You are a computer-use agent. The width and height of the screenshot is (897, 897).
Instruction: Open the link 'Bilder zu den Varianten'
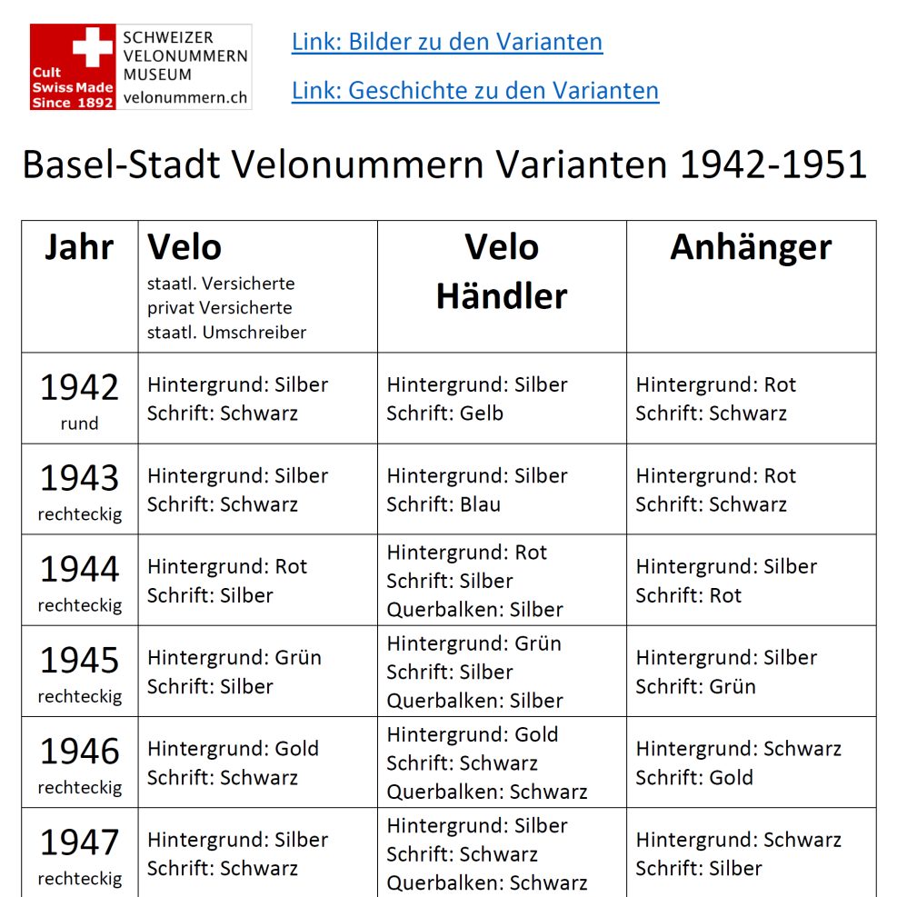(446, 42)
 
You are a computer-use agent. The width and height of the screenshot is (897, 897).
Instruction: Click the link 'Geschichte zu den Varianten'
(474, 90)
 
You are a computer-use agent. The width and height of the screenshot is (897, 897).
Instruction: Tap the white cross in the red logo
(93, 46)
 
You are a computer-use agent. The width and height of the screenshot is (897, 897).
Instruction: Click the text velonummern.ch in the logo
(185, 96)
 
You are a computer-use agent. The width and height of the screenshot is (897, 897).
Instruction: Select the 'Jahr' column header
(79, 247)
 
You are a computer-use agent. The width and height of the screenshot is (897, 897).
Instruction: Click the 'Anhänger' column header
(751, 247)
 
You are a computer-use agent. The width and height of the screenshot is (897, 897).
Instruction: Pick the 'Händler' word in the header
(502, 295)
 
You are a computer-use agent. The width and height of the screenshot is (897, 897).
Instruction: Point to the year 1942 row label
(79, 388)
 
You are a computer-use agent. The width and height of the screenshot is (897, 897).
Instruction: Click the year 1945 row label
(79, 661)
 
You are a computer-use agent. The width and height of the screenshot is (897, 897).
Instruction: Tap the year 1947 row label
(79, 842)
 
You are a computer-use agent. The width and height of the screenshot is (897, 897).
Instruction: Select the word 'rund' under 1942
(79, 424)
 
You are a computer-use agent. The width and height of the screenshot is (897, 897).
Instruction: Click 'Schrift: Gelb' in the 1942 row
(444, 414)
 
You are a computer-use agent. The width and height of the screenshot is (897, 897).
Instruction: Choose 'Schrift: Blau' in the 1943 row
(444, 504)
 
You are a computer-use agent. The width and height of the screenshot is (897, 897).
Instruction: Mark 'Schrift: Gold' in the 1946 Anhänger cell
(694, 778)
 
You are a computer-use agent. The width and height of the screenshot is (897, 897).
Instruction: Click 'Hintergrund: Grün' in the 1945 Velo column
(234, 658)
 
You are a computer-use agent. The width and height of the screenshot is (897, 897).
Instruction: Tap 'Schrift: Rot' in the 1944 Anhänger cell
(688, 595)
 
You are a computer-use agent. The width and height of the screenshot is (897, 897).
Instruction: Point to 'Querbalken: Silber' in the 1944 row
(474, 610)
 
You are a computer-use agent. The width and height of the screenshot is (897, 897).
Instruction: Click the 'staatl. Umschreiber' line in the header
(226, 333)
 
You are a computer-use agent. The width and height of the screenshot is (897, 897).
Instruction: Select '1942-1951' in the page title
(773, 165)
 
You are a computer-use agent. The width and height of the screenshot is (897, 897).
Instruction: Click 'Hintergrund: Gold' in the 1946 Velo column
(233, 749)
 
